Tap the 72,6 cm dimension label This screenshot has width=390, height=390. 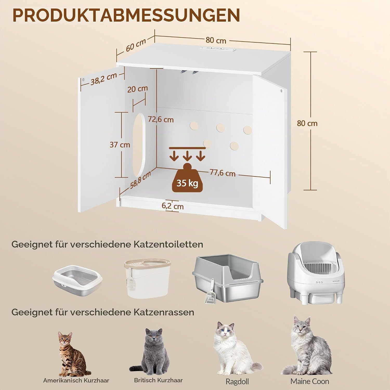coord(161,119)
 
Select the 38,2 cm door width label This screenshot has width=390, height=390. coord(103,79)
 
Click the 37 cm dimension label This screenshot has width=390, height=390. coord(120,145)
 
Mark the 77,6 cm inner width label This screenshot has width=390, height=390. coord(223,173)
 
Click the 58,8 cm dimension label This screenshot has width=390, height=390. coord(140,180)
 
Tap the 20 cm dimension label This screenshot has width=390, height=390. coord(138,89)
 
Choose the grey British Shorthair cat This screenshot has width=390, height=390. coord(153,351)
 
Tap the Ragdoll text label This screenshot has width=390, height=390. coord(237,381)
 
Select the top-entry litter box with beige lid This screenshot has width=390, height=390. coord(147,278)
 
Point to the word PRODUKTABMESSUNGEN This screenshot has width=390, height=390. coord(126,15)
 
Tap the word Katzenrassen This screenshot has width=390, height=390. coord(164,312)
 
